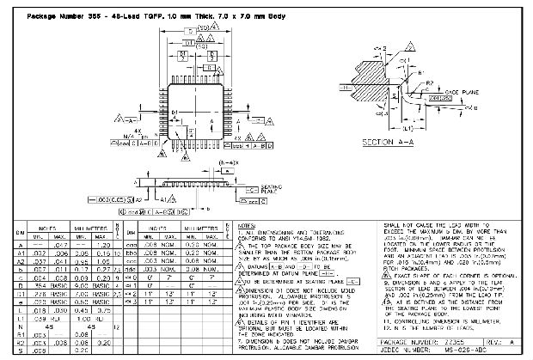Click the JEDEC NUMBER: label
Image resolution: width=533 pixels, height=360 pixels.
click(401, 351)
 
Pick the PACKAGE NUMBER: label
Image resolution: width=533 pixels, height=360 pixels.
click(403, 341)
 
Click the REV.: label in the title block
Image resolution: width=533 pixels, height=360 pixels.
click(495, 341)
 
